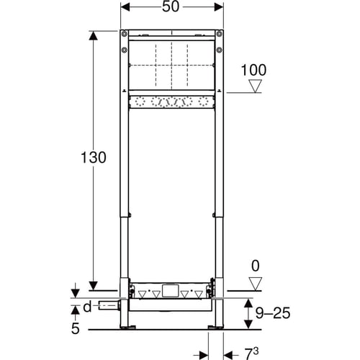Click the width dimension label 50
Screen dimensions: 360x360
(171, 6)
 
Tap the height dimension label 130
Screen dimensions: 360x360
(93, 158)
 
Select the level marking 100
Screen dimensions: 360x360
(253, 70)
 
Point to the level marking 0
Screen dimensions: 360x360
(255, 266)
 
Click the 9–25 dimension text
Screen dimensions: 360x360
(273, 313)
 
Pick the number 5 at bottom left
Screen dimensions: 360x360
(75, 328)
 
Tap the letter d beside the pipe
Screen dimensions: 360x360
(87, 306)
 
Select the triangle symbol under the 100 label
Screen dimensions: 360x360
(255, 86)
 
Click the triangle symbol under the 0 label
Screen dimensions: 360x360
(255, 284)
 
